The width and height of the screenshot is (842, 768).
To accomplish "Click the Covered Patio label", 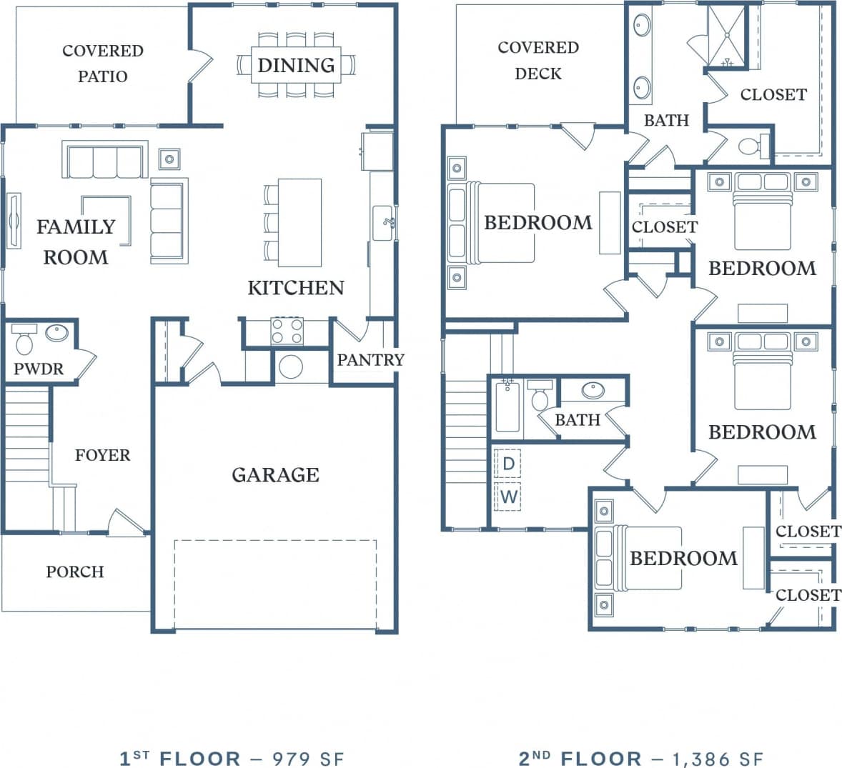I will pyautogui.click(x=102, y=64).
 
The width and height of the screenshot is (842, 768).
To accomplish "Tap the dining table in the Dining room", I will pyautogui.click(x=296, y=65).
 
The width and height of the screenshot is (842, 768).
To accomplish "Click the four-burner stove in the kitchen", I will pyautogui.click(x=287, y=331).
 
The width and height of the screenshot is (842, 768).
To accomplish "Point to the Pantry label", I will pyautogui.click(x=370, y=359).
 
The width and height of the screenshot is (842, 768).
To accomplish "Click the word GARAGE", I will pyautogui.click(x=275, y=475).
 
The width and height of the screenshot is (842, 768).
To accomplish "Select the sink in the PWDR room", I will pyautogui.click(x=56, y=333).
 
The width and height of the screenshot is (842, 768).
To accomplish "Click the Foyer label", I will pyautogui.click(x=102, y=455).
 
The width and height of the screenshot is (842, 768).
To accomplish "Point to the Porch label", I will pyautogui.click(x=75, y=572).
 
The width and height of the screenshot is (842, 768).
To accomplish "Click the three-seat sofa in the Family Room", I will pyautogui.click(x=105, y=161).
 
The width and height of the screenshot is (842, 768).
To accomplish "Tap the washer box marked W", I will pyautogui.click(x=508, y=497).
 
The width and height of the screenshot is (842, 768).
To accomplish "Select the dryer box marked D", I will pyautogui.click(x=508, y=464).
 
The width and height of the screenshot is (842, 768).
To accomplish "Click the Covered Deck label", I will pyautogui.click(x=538, y=60).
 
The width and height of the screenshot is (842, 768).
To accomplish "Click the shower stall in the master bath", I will pyautogui.click(x=726, y=36).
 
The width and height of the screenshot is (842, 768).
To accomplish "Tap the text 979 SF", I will pyautogui.click(x=309, y=758).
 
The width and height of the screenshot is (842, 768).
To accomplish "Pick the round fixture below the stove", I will pyautogui.click(x=291, y=366).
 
